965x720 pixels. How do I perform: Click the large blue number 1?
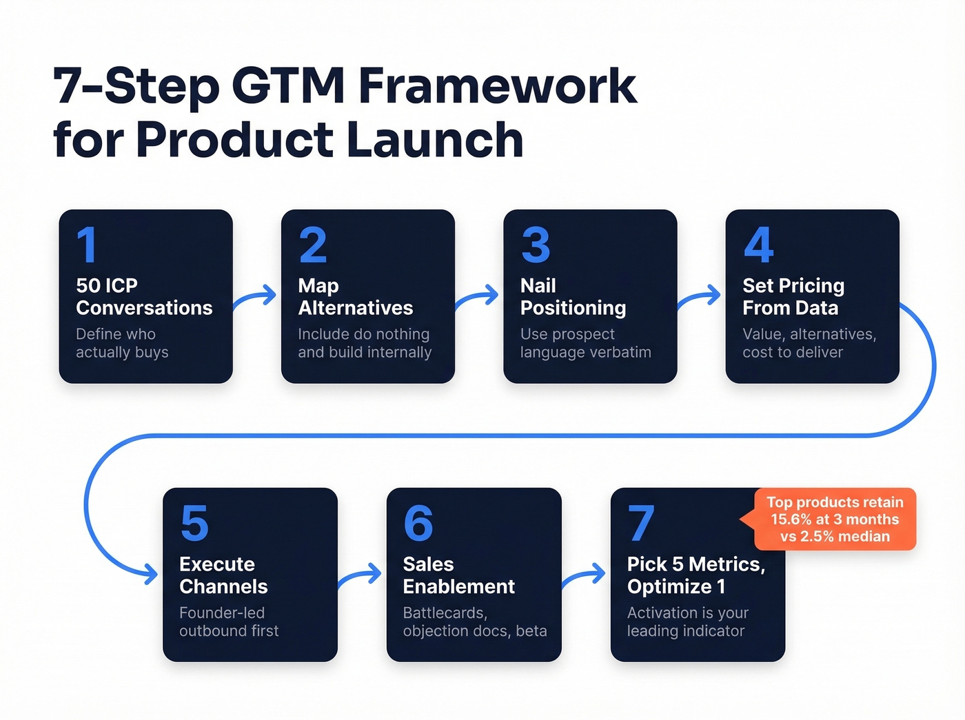click(x=87, y=245)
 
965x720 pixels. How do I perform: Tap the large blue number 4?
click(x=758, y=245)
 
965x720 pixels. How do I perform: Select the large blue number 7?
click(x=641, y=524)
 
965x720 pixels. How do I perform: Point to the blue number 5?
click(x=194, y=524)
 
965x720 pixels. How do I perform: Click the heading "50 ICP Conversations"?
click(x=144, y=296)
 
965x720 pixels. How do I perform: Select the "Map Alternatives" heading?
click(x=355, y=296)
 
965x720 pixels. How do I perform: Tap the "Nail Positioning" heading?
click(x=573, y=296)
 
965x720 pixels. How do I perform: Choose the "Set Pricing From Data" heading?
click(x=793, y=296)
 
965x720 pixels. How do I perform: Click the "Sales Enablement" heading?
click(x=458, y=575)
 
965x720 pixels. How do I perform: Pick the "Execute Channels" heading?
click(x=223, y=575)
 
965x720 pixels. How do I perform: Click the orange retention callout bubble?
click(x=834, y=520)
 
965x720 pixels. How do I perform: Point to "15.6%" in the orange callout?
click(x=791, y=520)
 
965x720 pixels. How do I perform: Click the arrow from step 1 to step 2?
click(x=256, y=298)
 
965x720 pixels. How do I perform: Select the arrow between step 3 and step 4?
click(x=700, y=298)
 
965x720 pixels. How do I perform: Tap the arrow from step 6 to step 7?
click(x=585, y=576)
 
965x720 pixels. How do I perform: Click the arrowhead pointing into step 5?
click(x=150, y=573)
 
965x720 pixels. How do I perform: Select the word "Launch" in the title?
click(x=435, y=140)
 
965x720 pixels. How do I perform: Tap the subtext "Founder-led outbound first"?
click(x=229, y=621)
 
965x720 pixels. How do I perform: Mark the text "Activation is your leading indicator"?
click(x=687, y=621)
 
